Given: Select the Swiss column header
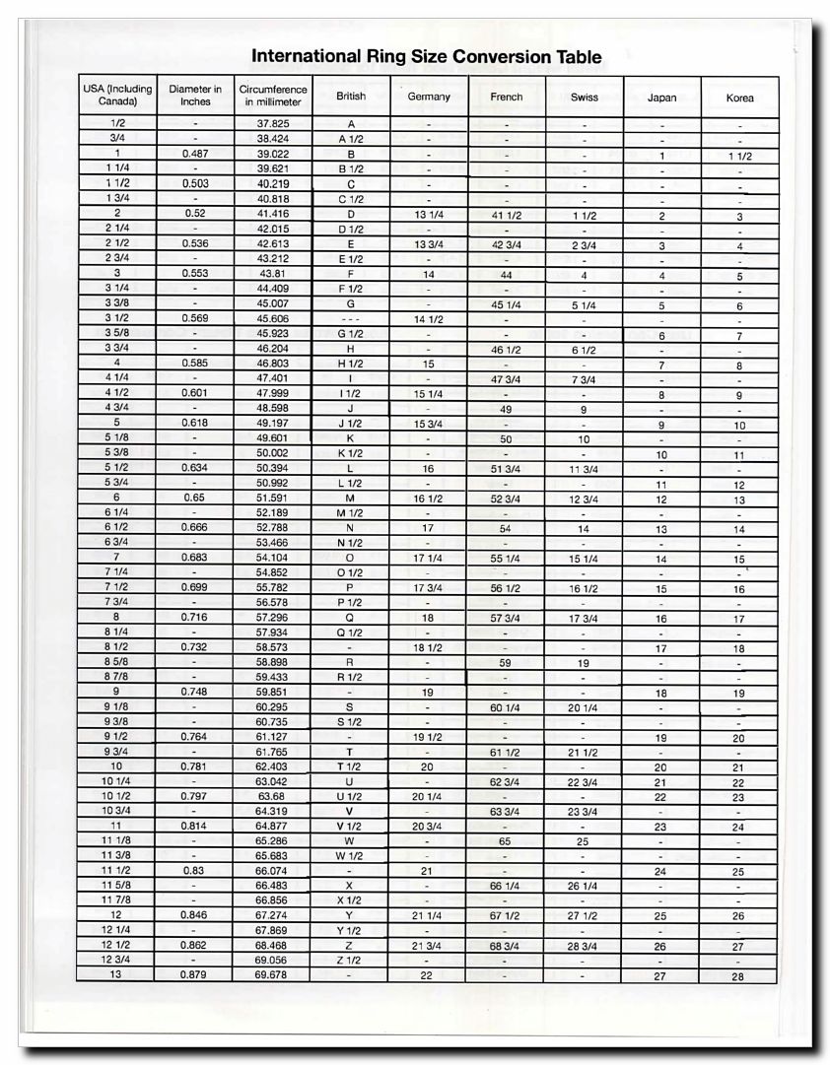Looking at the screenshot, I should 584,98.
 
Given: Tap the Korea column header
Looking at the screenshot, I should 739,99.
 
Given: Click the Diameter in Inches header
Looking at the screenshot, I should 195,96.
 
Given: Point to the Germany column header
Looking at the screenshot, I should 428,97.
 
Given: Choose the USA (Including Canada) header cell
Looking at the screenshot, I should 116,96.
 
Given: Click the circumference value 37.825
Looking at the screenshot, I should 272,124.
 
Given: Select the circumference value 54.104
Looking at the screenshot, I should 272,558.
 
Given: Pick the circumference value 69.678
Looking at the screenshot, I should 272,974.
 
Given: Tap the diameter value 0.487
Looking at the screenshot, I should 195,155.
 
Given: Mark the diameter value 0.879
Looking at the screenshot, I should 195,974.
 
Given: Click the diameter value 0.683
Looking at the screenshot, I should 195,558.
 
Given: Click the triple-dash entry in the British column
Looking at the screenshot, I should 350,319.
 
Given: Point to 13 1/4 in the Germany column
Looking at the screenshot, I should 428,215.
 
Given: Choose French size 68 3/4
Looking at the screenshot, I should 505,946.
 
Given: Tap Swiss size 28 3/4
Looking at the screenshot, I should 584,946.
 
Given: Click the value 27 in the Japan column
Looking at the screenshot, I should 661,976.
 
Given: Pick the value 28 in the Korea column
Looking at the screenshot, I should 739,976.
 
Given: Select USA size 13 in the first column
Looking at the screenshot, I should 116,974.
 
